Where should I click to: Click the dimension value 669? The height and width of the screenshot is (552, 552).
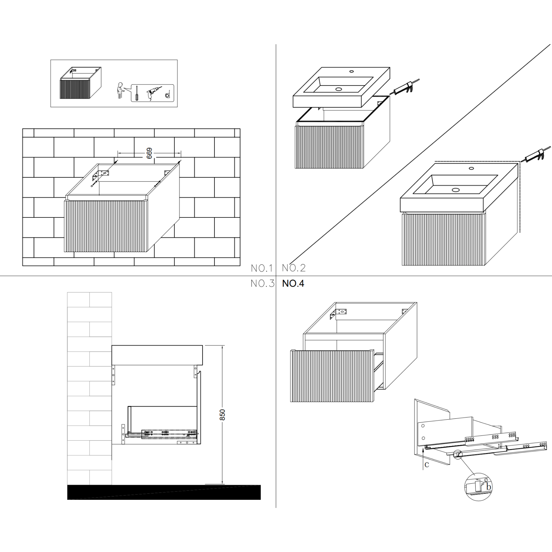tap(149, 153)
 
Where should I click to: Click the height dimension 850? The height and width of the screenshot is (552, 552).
tap(222, 415)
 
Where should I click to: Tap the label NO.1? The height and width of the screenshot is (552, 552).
tap(262, 268)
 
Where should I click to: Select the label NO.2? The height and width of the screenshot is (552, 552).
tap(294, 268)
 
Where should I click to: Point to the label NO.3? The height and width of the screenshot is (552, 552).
tap(263, 284)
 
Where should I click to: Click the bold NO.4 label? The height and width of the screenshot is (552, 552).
tap(293, 284)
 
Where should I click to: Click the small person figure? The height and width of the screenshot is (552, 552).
tap(119, 90)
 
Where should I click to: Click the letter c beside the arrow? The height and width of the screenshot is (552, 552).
tap(426, 465)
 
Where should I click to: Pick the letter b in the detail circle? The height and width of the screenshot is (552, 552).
tap(489, 487)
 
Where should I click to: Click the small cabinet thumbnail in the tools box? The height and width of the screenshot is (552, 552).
tap(80, 83)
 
